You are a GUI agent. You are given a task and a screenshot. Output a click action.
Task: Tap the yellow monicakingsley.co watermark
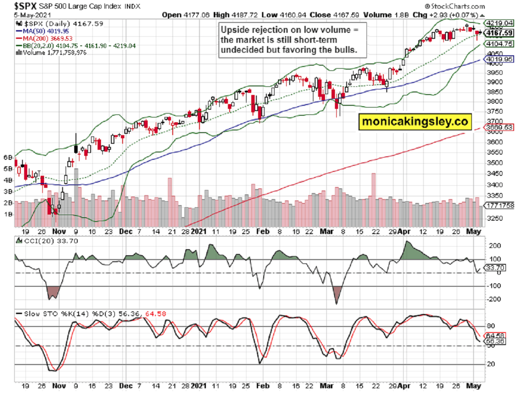(415, 122)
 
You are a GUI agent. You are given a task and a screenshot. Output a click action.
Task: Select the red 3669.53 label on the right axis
(499, 128)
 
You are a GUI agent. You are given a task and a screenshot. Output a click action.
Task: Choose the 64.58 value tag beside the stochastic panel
(499, 336)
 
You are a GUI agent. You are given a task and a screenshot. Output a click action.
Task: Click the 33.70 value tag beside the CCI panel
(499, 268)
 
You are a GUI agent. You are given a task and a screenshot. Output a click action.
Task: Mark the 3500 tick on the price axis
(493, 163)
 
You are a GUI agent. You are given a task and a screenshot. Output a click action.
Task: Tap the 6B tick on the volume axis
(8, 158)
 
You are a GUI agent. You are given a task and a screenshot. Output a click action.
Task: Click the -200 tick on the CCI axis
(495, 299)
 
